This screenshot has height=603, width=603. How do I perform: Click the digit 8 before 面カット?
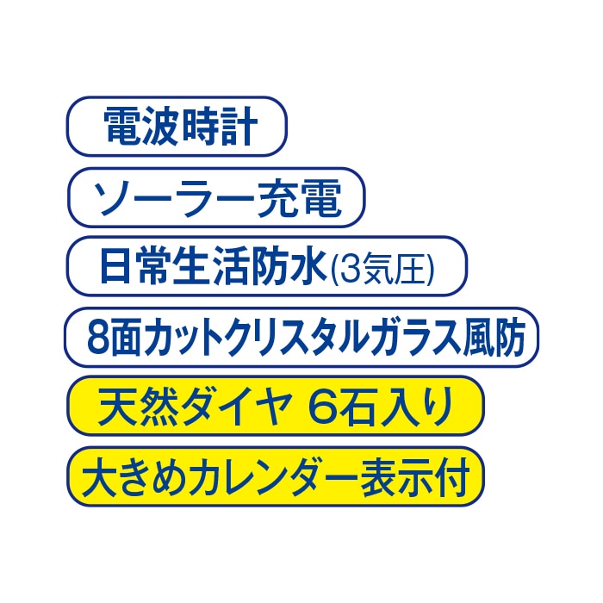click(96, 338)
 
